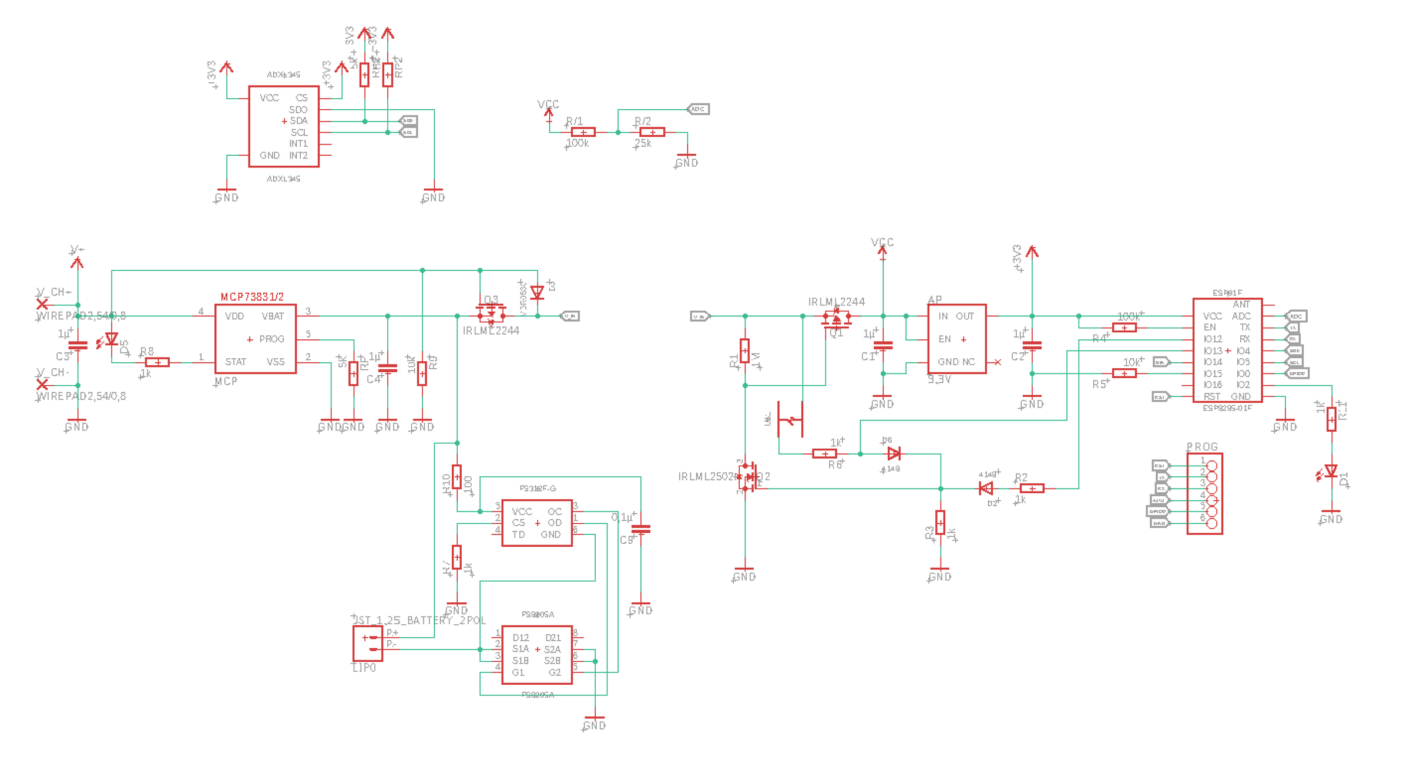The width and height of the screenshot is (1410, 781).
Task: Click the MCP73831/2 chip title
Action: coord(252,297)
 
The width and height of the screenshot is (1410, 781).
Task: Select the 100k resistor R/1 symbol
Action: coord(583,132)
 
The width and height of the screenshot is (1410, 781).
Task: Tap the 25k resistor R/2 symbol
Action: coord(652,132)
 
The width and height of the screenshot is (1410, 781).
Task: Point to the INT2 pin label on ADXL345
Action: coord(298,156)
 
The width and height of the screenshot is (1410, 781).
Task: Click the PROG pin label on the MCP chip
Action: coord(271,339)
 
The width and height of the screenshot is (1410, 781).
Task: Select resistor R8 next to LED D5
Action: coord(157,362)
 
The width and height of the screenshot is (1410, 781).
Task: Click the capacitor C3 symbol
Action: coord(78,346)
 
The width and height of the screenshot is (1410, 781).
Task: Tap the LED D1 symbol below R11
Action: coord(1331,472)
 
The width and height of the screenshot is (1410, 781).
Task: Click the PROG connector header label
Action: coord(1202,447)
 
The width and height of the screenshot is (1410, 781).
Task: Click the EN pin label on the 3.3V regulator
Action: coord(944,339)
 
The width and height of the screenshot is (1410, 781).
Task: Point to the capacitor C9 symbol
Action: coord(640,529)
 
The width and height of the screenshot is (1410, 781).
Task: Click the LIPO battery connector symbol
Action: coord(368,644)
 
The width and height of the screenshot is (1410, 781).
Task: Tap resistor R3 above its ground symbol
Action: coord(940,523)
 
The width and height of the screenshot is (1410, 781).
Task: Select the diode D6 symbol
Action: coord(894,454)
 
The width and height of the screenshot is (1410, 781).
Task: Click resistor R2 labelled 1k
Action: coord(1032,489)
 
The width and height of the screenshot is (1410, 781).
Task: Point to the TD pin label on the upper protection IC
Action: coord(518,535)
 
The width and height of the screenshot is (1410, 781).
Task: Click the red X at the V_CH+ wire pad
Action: coord(42,304)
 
